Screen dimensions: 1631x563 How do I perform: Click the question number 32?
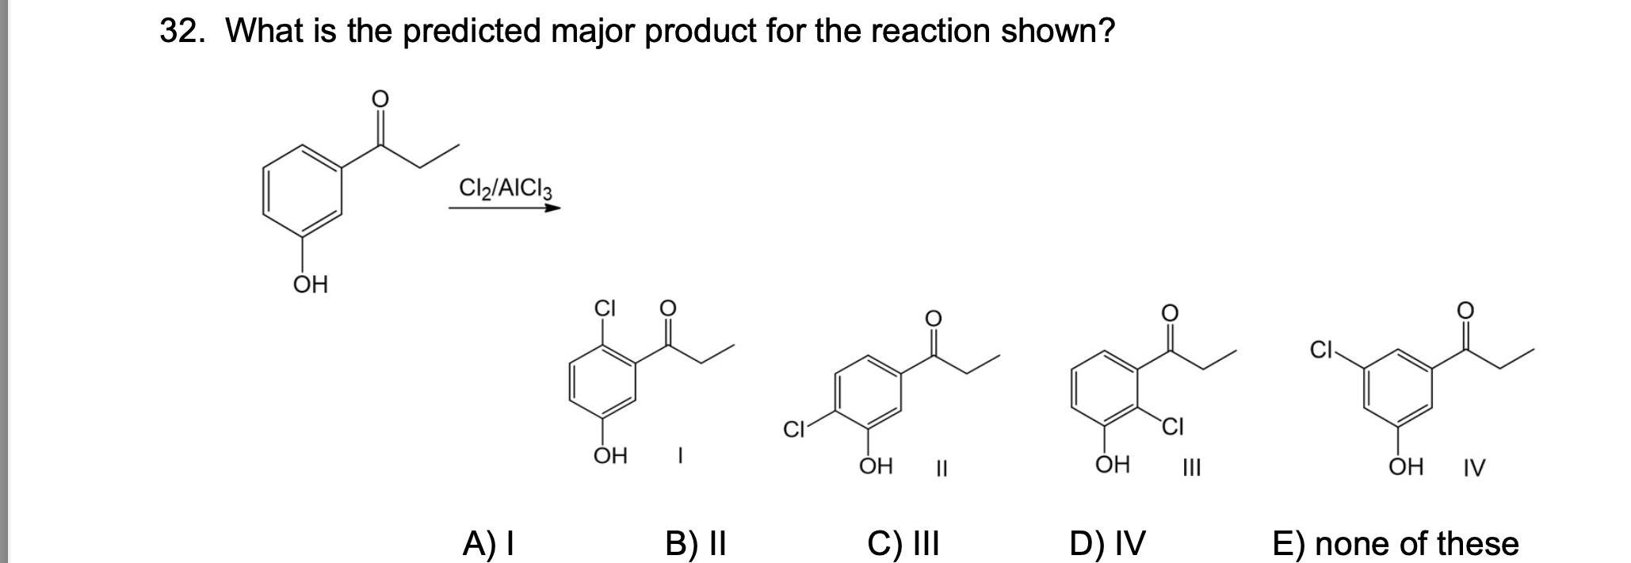coord(183,32)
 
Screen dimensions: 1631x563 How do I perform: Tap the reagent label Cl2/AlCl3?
coord(506,189)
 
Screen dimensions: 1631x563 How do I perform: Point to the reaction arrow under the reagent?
coord(504,209)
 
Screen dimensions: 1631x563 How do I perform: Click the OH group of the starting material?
coord(311,285)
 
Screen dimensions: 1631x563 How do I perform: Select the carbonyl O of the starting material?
coord(380,98)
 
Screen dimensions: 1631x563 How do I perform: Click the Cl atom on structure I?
coord(605,308)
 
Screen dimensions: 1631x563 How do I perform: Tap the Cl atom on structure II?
coord(793,431)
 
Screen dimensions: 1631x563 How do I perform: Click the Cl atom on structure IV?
coord(1320,349)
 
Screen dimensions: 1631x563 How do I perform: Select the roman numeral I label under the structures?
coord(680,457)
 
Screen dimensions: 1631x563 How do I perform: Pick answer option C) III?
coord(903,544)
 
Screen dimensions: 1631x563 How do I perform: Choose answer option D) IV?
coord(1107,544)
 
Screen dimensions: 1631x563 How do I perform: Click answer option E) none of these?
coord(1396,544)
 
